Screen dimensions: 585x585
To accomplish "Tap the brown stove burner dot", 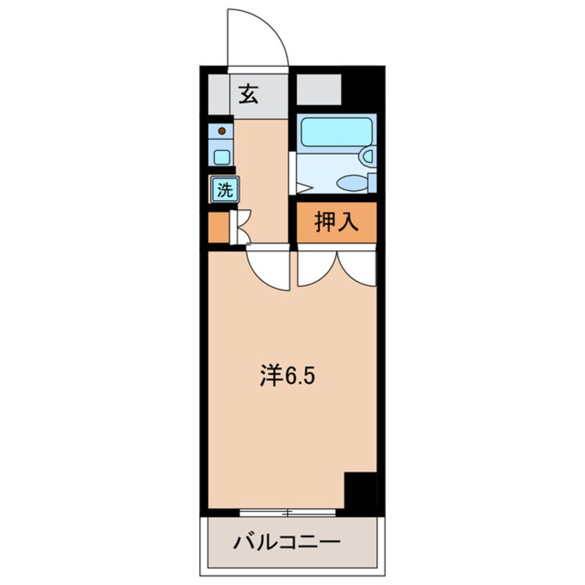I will [221, 130].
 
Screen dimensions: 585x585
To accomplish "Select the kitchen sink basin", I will [221, 156].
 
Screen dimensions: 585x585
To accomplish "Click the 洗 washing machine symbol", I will [225, 189].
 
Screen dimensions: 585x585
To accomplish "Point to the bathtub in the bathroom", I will [335, 131].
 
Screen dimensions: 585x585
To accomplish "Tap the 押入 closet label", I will [336, 223].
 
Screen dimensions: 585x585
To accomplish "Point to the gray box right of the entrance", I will [319, 89].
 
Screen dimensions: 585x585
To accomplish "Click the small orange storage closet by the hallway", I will [218, 228].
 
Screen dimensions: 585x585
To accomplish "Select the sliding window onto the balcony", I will [287, 512].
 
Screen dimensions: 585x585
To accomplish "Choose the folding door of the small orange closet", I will [241, 228].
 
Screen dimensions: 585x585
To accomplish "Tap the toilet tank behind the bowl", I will [372, 183].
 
